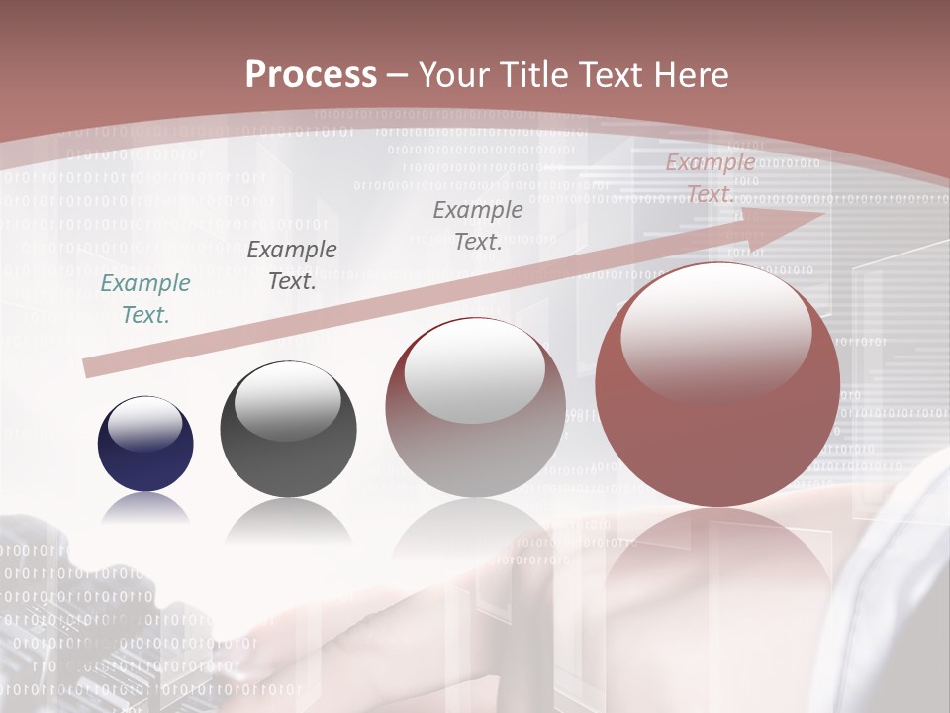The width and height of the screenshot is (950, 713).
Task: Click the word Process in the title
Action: [x=311, y=74]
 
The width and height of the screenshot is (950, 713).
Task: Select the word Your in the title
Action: [x=453, y=74]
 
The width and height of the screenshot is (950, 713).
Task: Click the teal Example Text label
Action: [x=145, y=298]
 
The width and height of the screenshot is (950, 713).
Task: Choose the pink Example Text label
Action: [x=711, y=178]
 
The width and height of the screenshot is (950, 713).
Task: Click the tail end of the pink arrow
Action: [x=91, y=367]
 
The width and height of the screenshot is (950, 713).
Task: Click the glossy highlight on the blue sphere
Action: [x=145, y=426]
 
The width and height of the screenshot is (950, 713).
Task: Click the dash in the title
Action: [x=398, y=74]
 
